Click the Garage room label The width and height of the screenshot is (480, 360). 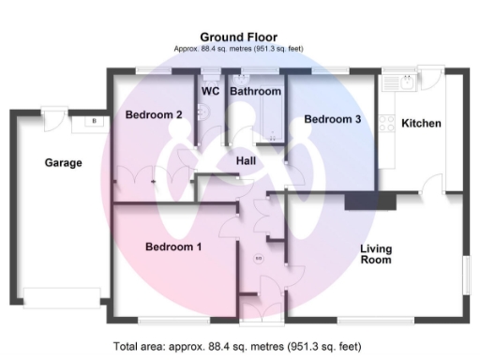63,162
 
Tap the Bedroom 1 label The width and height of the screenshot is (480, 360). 173,247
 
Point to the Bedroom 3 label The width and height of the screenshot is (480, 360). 332,119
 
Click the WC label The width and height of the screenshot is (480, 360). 210,91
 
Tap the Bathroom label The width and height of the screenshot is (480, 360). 255,91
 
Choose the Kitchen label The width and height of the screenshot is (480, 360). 421,124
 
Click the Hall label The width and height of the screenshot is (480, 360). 246,161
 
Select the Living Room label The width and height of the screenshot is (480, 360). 376,254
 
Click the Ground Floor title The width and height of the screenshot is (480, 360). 238,37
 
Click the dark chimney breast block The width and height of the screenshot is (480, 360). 369,200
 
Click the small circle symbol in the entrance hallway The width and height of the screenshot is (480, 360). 259,257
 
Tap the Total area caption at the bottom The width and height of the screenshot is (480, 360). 239,346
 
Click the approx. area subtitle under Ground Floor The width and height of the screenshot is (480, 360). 238,49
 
